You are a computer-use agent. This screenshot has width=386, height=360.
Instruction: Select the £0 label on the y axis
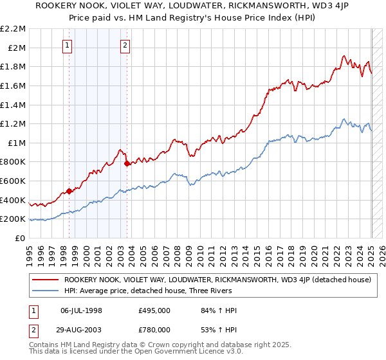tap(20, 239)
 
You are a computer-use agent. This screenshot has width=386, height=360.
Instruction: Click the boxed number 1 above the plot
tap(68, 45)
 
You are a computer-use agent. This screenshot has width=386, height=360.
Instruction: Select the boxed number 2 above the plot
tap(125, 45)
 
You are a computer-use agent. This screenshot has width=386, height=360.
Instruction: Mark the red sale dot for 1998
tap(69, 191)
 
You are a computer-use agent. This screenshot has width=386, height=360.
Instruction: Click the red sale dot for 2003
tap(127, 164)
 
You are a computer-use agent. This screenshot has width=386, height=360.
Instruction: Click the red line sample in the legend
tap(45, 280)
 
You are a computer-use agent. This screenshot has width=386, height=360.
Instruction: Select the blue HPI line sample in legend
tap(45, 291)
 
